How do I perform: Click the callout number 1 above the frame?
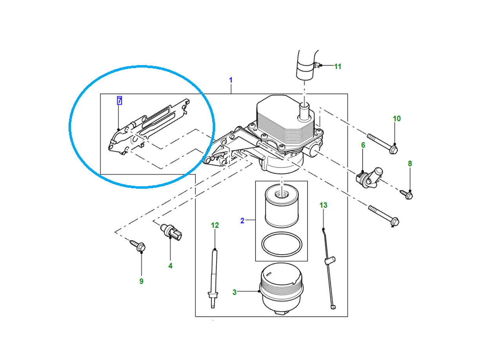(x=231, y=80)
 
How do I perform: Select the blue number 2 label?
(x=242, y=221)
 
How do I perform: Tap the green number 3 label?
(x=235, y=292)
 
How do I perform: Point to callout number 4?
(x=170, y=266)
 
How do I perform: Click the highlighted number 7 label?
(x=119, y=101)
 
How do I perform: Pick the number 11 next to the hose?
(x=338, y=67)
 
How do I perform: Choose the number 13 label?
(x=323, y=205)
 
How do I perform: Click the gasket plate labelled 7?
(x=149, y=125)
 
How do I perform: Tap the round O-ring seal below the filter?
(x=281, y=244)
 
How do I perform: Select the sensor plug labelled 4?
(x=173, y=232)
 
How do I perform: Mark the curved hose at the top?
(x=306, y=65)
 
